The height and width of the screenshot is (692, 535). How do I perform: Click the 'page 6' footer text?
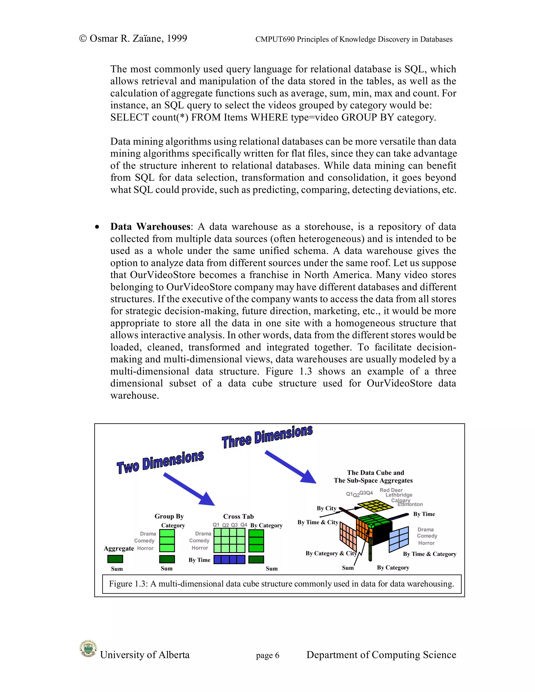coord(267,655)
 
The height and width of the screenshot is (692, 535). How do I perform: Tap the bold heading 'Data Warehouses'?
coord(150,227)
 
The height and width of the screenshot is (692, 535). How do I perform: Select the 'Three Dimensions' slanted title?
coord(267,437)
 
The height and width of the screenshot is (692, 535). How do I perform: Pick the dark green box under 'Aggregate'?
coord(115,559)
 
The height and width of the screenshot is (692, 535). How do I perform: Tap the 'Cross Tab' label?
coord(238,517)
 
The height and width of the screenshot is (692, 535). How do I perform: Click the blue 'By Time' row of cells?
coord(229,560)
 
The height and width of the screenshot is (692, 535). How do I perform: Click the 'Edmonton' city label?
coord(410,505)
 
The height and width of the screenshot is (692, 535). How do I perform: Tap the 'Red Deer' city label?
coord(391,490)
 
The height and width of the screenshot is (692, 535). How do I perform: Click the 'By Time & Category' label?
coord(429,554)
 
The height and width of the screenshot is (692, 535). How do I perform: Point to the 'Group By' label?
coord(169,516)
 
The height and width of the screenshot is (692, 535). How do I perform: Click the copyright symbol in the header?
coord(83,39)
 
